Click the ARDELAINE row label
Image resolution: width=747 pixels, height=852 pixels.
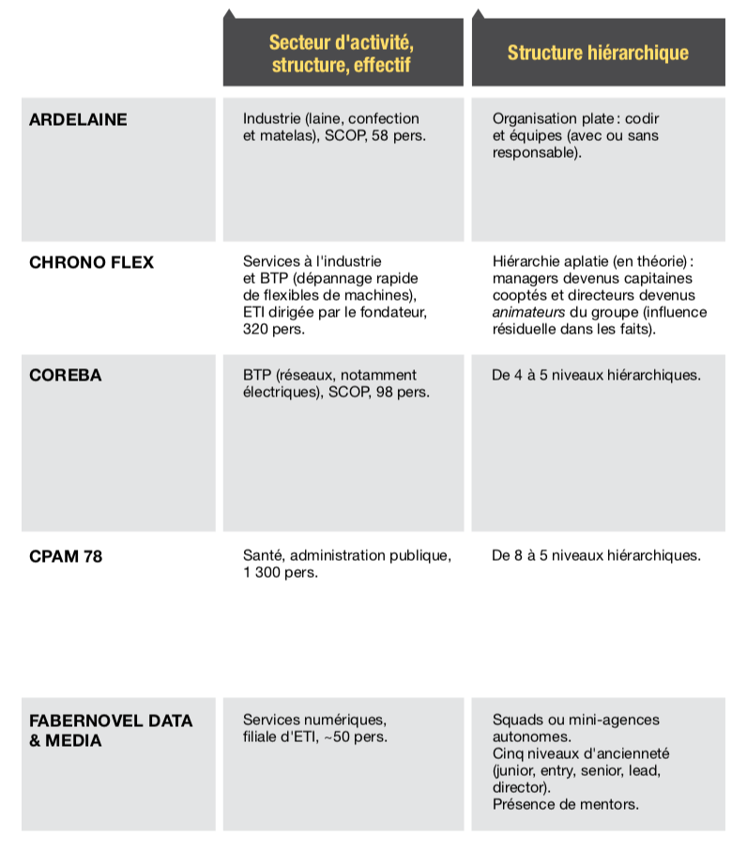tap(78, 119)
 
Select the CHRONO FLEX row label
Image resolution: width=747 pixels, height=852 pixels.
tap(91, 261)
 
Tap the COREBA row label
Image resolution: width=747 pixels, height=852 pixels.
tap(65, 375)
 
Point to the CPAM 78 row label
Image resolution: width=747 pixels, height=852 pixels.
tap(66, 556)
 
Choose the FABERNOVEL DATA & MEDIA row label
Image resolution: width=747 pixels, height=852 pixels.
tap(111, 730)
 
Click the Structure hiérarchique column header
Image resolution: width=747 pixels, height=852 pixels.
tap(598, 53)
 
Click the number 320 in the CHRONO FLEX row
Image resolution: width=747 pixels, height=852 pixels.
tap(255, 330)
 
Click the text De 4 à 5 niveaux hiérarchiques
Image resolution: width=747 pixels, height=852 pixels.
tap(596, 375)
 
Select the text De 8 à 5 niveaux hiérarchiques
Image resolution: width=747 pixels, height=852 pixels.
tap(596, 555)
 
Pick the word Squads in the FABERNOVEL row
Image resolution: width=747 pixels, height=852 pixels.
tap(517, 720)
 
